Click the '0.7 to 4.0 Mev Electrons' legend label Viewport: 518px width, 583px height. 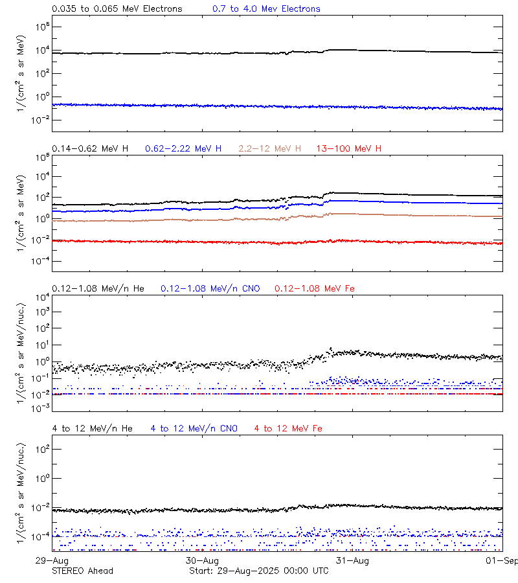tap(266, 9)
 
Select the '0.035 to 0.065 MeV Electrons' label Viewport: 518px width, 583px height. tap(117, 9)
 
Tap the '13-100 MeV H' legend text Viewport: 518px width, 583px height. tap(349, 149)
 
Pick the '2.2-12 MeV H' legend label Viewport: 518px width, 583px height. tap(270, 149)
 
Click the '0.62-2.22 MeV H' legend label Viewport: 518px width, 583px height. tap(183, 149)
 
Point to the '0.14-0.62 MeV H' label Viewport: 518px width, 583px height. tap(90, 149)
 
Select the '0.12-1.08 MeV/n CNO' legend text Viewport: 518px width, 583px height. tap(210, 288)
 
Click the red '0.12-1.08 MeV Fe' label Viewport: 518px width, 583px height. tap(315, 288)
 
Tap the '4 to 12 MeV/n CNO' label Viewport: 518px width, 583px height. tap(194, 428)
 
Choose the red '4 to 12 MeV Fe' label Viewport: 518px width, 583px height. tap(289, 428)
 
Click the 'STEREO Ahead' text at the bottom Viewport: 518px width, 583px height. tap(83, 571)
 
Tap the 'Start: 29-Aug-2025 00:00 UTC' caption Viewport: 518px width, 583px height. tap(258, 571)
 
